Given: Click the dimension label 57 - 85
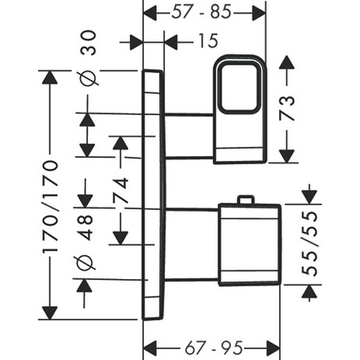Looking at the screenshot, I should click(x=204, y=13).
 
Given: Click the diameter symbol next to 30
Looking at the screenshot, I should click(x=87, y=78).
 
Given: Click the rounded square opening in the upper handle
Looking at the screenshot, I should click(x=239, y=88).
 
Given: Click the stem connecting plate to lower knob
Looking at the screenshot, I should click(x=192, y=244).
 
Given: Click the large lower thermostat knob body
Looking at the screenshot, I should click(x=249, y=244).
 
